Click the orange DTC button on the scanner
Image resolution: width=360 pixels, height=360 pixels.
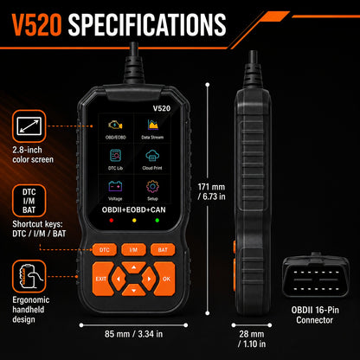pos(105,250)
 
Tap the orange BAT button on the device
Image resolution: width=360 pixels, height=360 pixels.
pos(163,250)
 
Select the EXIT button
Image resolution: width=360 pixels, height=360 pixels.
pos(101,279)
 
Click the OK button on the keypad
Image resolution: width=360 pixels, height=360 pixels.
pos(165,279)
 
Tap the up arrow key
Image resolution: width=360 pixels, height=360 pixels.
pos(133,267)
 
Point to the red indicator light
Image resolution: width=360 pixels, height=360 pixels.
pos(112,221)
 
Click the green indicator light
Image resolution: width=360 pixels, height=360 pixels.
pos(157,221)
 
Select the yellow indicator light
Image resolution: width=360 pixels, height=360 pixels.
pos(134,221)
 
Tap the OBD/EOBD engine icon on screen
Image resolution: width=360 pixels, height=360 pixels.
pos(115,125)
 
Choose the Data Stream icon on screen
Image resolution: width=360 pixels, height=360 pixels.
pos(152,125)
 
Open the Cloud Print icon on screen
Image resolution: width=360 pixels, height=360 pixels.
pos(152,156)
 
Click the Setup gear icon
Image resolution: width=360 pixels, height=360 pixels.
pos(152,187)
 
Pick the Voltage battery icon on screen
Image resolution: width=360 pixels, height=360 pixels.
pos(115,186)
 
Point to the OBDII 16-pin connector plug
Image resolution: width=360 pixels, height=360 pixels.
pos(316,274)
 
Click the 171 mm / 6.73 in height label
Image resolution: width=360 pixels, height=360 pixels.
pos(211,191)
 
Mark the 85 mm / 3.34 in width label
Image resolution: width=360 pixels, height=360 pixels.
pos(133,334)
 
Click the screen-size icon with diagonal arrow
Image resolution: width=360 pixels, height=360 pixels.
pos(29,126)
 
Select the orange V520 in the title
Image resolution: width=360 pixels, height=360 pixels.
pos(36,25)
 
